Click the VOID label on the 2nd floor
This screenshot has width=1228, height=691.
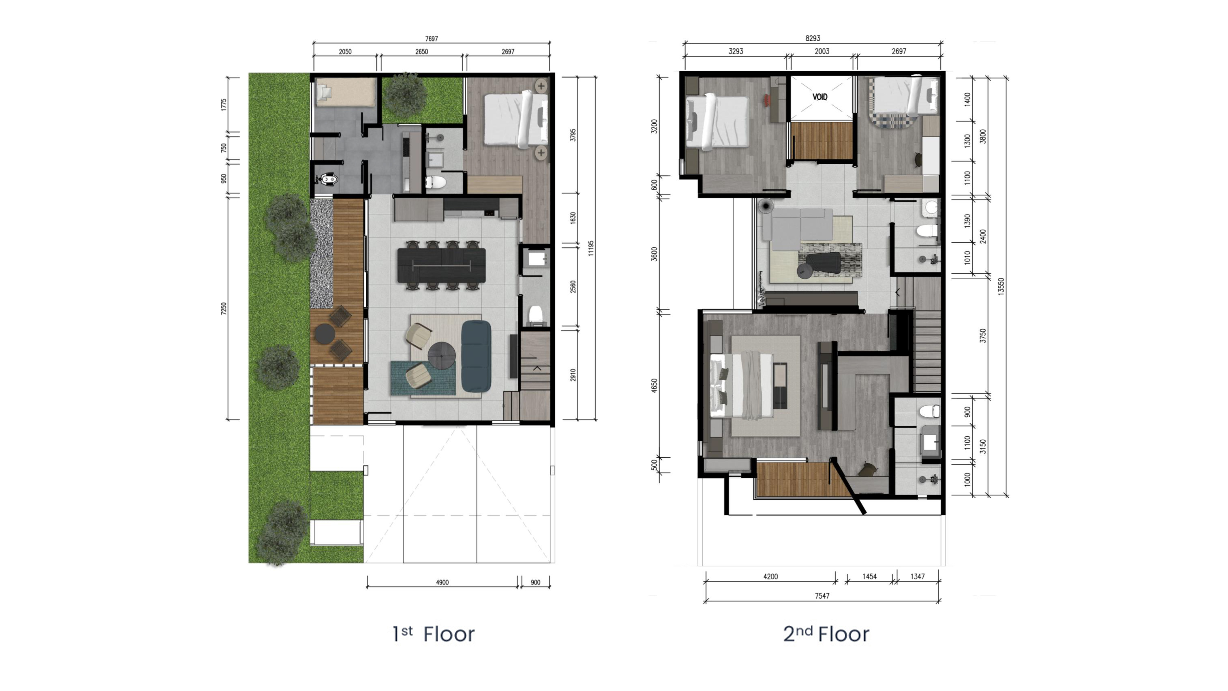pyautogui.click(x=820, y=97)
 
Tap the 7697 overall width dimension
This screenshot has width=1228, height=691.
pyautogui.click(x=431, y=39)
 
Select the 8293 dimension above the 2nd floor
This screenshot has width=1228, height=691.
pyautogui.click(x=813, y=38)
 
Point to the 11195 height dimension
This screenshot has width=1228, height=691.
pyautogui.click(x=591, y=248)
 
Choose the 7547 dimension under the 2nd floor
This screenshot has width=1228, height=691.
pyautogui.click(x=822, y=596)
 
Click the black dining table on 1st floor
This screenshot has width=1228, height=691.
pyautogui.click(x=441, y=265)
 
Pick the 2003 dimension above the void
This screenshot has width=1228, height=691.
pyautogui.click(x=822, y=51)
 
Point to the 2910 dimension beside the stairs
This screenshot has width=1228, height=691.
pyautogui.click(x=573, y=375)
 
